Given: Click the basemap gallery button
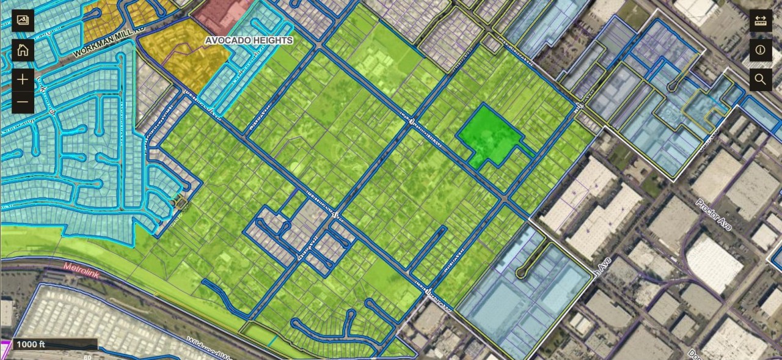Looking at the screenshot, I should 23,20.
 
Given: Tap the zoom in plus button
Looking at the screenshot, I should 23,79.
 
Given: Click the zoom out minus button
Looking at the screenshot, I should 23,101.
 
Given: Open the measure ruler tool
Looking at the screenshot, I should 760,20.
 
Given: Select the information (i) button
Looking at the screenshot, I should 760,50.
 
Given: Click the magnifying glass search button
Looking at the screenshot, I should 760,79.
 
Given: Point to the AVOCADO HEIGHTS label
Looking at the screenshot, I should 249,40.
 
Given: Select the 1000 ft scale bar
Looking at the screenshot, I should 54,344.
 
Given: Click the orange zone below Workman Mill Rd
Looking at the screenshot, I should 183,55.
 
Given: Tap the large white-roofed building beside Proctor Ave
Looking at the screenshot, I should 715,263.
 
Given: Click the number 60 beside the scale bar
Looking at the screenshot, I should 87,356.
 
